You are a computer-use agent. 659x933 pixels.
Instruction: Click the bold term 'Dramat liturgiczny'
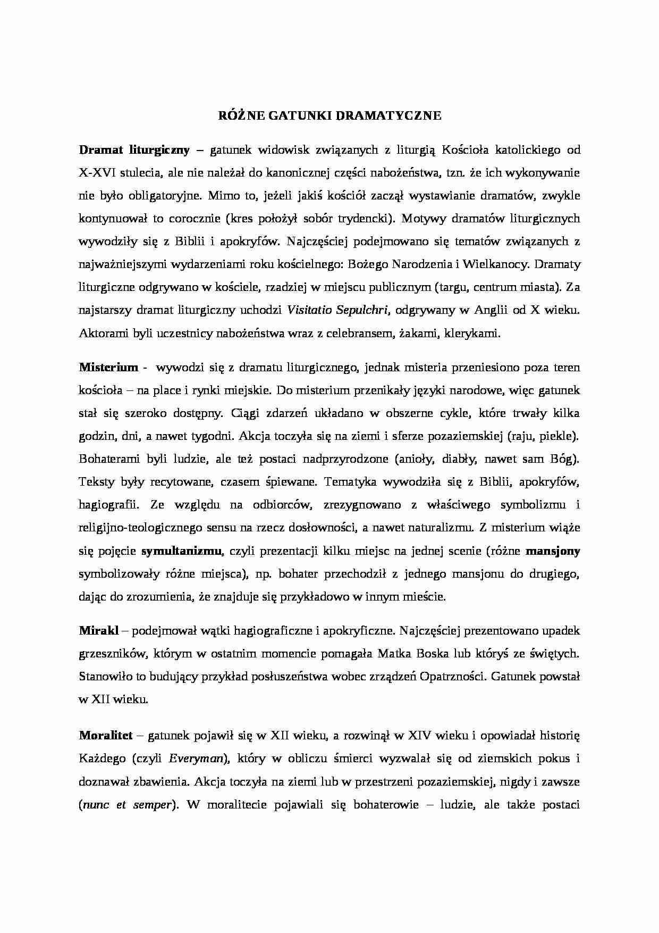click(134, 150)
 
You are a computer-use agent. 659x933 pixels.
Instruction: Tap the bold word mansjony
click(553, 551)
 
